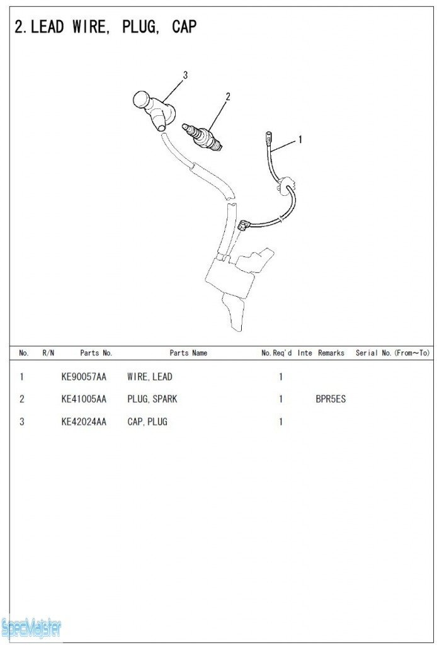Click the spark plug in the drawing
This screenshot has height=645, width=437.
coord(202,136)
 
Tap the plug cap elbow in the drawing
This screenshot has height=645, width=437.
coord(154,110)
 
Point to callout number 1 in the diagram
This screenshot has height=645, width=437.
coord(300,140)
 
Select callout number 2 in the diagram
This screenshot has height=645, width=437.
coord(228,96)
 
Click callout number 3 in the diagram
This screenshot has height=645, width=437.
coord(185,76)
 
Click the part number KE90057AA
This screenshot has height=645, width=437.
coord(84,377)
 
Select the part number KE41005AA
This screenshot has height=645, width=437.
coord(84,399)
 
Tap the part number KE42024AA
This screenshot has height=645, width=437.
coord(84,421)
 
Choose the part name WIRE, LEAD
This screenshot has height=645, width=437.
coord(150,377)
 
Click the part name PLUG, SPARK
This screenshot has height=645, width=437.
coord(152,399)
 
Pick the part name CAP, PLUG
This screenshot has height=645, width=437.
coord(147,421)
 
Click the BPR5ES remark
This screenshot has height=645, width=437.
coord(331,399)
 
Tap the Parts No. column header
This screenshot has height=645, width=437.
coord(96,353)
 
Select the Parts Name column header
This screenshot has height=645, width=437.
coord(188,353)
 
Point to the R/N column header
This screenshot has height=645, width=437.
coord(48,353)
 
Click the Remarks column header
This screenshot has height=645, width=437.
coord(331,353)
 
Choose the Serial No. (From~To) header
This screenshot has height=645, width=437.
coord(392,353)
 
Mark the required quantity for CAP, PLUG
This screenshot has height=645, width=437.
coord(281,421)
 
